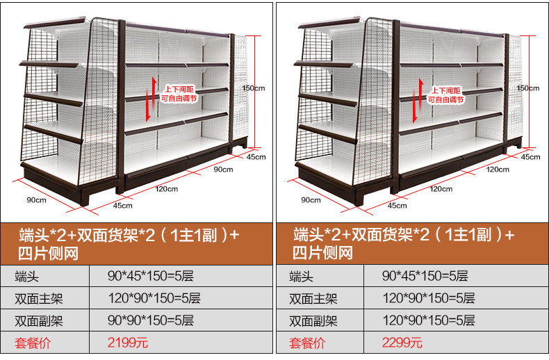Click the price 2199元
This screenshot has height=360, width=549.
click(x=128, y=343)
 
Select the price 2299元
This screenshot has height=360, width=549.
click(x=402, y=343)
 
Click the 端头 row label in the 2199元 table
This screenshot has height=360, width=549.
click(x=27, y=277)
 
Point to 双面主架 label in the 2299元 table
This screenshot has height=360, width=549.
click(x=313, y=299)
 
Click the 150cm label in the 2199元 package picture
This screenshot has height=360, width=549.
click(x=254, y=88)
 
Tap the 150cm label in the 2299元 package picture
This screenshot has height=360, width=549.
click(x=528, y=88)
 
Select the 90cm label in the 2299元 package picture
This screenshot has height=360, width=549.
click(x=311, y=200)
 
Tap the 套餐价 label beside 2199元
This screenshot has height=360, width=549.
click(x=33, y=343)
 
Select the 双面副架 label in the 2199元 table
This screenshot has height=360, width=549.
click(x=39, y=320)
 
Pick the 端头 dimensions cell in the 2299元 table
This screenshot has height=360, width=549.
click(x=425, y=277)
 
